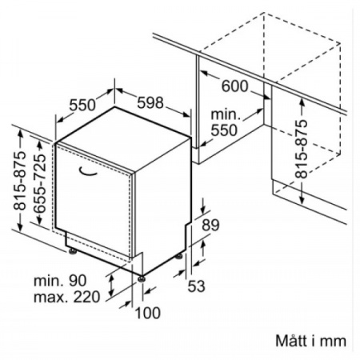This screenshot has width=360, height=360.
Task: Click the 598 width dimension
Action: point(150,103)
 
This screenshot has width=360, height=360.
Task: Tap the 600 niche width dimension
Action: point(235,86)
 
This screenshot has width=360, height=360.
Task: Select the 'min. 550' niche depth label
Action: point(226,122)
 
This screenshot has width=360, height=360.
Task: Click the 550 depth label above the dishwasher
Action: point(82,105)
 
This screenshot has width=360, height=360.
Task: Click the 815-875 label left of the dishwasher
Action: point(20,181)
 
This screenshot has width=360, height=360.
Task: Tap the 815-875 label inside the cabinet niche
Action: point(302,149)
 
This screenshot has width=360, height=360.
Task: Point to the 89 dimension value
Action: point(210,225)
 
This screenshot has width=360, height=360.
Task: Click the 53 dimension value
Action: point(197,286)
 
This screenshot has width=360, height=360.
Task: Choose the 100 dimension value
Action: point(148,313)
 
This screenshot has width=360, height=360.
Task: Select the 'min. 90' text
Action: point(60,281)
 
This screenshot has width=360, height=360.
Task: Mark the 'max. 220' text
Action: point(66,297)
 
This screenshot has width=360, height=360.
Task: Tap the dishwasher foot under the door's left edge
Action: point(72,251)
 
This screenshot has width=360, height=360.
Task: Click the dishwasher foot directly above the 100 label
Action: point(142,278)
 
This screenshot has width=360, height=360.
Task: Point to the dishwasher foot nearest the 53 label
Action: point(178,256)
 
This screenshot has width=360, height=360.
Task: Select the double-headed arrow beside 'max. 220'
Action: point(111,286)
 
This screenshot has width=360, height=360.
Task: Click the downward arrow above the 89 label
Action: point(203,206)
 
